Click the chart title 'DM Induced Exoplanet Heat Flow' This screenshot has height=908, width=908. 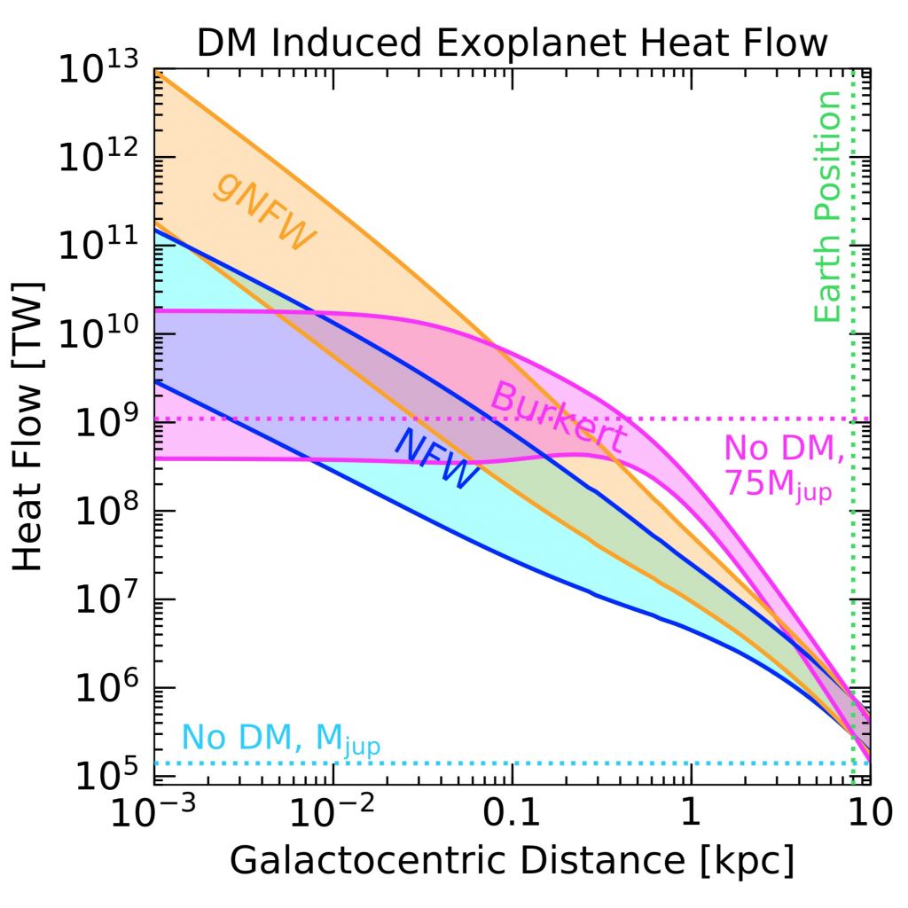pos(512,42)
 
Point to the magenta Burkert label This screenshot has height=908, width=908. pos(558,418)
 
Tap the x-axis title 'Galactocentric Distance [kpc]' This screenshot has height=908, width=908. pos(512,859)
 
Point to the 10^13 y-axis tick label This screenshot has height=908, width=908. pos(99,69)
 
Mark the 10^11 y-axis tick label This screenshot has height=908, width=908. pos(99,247)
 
